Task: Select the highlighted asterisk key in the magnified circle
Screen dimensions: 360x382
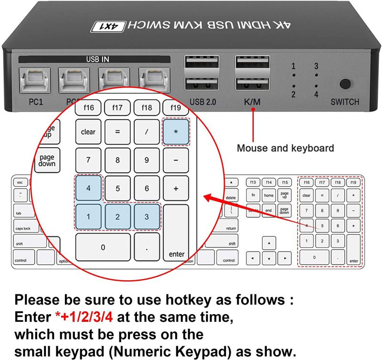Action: click(176, 131)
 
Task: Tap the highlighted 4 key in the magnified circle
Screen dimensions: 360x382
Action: click(88, 188)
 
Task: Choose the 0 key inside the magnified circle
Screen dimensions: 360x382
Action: click(103, 247)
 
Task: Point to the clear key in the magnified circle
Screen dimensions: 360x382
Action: click(88, 131)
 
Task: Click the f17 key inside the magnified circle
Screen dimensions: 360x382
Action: click(117, 108)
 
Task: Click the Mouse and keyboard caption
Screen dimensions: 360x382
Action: click(285, 148)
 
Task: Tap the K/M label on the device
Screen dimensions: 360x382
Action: click(252, 102)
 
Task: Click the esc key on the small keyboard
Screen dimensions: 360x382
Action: click(20, 182)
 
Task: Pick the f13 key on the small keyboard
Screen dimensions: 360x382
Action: click(254, 182)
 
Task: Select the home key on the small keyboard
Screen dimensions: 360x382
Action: click(269, 195)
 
